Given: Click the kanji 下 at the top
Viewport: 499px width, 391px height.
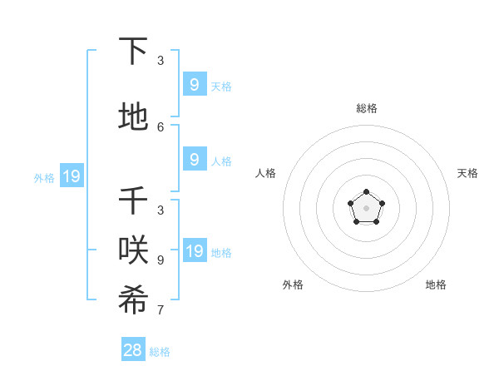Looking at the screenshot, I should pyautogui.click(x=133, y=52).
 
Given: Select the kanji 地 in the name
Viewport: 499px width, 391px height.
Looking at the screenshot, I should pyautogui.click(x=133, y=117).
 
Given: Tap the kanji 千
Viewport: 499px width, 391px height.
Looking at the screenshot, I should pyautogui.click(x=133, y=202).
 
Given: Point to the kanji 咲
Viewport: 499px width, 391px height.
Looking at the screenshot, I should pyautogui.click(x=133, y=252).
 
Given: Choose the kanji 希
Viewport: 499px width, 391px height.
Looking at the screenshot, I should pyautogui.click(x=133, y=302).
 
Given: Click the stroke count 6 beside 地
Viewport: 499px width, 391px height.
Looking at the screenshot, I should pyautogui.click(x=161, y=126).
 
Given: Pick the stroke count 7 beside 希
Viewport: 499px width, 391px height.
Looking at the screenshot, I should pyautogui.click(x=161, y=310).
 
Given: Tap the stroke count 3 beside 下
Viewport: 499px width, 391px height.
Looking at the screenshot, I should pyautogui.click(x=161, y=61).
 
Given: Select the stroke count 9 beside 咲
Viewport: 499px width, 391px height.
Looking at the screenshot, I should pyautogui.click(x=161, y=260).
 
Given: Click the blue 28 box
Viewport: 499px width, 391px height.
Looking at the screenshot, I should pyautogui.click(x=133, y=350).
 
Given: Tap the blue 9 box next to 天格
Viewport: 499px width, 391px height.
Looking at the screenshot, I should pyautogui.click(x=194, y=85).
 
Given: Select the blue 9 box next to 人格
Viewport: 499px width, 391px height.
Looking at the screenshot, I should pyautogui.click(x=194, y=160).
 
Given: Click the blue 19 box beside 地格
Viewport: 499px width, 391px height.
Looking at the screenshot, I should pyautogui.click(x=194, y=251).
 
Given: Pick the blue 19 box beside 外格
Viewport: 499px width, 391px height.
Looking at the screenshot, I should pyautogui.click(x=72, y=176).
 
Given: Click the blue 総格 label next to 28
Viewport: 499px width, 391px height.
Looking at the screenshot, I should pyautogui.click(x=160, y=352).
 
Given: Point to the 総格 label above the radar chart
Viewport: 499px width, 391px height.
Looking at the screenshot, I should pyautogui.click(x=367, y=108).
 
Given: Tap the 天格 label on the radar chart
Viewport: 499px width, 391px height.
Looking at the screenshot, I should pyautogui.click(x=467, y=173).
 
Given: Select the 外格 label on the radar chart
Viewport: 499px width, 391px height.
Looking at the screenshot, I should pyautogui.click(x=293, y=285).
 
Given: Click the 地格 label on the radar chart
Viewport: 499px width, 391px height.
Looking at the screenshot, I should pyautogui.click(x=436, y=285).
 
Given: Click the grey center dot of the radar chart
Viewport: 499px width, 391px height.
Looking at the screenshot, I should pyautogui.click(x=367, y=208).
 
